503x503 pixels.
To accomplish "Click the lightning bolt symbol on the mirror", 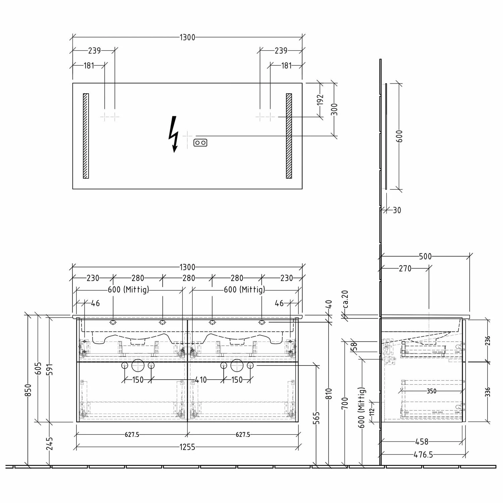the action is pyautogui.click(x=173, y=134).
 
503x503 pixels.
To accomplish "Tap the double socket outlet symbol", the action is pyautogui.click(x=200, y=143).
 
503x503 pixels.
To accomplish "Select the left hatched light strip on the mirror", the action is pyautogui.click(x=86, y=136).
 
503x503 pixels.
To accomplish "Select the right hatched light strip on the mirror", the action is pyautogui.click(x=289, y=136).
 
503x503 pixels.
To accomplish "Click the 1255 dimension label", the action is pyautogui.click(x=187, y=447).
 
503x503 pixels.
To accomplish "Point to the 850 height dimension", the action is pyautogui.click(x=28, y=390).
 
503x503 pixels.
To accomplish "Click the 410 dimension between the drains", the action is pyautogui.click(x=201, y=380).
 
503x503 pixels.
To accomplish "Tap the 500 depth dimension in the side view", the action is pyautogui.click(x=425, y=257).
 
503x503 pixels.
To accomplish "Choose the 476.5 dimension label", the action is pyautogui.click(x=423, y=455).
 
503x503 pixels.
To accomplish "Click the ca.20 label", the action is pyautogui.click(x=345, y=299).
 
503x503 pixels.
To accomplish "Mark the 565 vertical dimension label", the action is pyautogui.click(x=317, y=418).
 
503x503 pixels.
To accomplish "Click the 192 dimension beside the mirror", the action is pyautogui.click(x=320, y=100).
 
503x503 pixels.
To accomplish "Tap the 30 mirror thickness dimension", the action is pyautogui.click(x=397, y=210).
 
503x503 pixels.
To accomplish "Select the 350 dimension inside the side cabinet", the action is pyautogui.click(x=432, y=391).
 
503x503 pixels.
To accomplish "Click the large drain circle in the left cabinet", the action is pyautogui.click(x=138, y=365).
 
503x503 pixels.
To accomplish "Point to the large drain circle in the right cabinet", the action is pyautogui.click(x=237, y=365).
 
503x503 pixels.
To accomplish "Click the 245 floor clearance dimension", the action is pyautogui.click(x=50, y=443).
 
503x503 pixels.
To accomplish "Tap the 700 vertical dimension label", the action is pyautogui.click(x=345, y=403).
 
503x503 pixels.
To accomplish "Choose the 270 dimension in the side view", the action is pyautogui.click(x=405, y=269).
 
